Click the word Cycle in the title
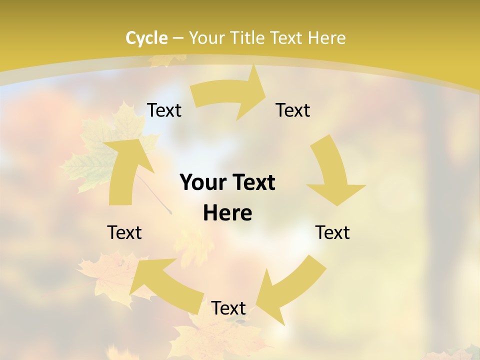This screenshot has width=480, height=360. (x=146, y=38)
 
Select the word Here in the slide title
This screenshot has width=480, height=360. (x=327, y=38)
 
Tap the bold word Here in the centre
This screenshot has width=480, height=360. (x=227, y=213)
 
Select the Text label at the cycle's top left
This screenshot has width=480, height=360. (x=164, y=110)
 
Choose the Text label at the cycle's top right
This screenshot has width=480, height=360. (x=293, y=110)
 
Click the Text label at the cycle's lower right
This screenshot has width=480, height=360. (x=332, y=232)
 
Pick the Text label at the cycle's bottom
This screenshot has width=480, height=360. (x=228, y=308)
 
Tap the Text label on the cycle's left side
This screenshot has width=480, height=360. (x=124, y=232)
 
